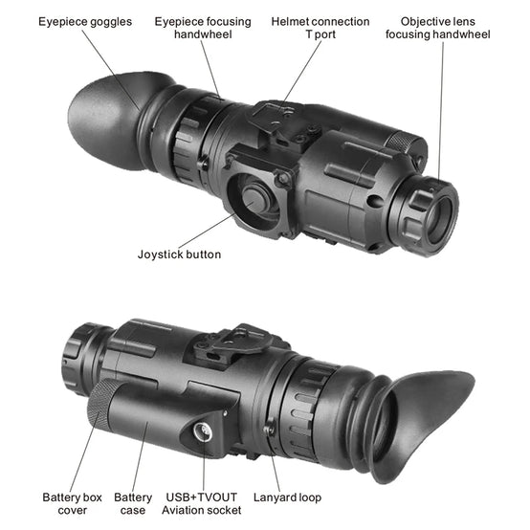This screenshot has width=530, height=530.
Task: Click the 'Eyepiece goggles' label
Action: point(85,22)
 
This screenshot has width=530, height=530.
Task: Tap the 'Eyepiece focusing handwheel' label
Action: point(203,28)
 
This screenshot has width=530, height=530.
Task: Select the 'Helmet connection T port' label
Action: point(320,28)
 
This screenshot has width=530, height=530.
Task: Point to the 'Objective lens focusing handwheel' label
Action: point(438,28)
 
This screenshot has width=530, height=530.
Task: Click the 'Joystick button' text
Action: point(179,254)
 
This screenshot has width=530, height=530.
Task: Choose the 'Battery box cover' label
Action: point(72,503)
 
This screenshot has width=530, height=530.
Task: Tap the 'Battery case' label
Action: point(133,503)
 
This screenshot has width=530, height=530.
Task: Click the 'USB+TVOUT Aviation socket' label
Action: point(202,503)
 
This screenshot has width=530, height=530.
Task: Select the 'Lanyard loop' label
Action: point(287,497)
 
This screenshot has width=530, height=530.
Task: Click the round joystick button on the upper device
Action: point(255,200)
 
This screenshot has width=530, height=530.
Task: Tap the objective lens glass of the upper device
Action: point(440,219)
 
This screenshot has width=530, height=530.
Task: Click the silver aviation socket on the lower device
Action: point(203,431)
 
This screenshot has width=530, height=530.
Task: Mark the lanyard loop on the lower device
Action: point(270,429)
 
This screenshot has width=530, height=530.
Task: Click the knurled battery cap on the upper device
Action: point(408,144)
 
